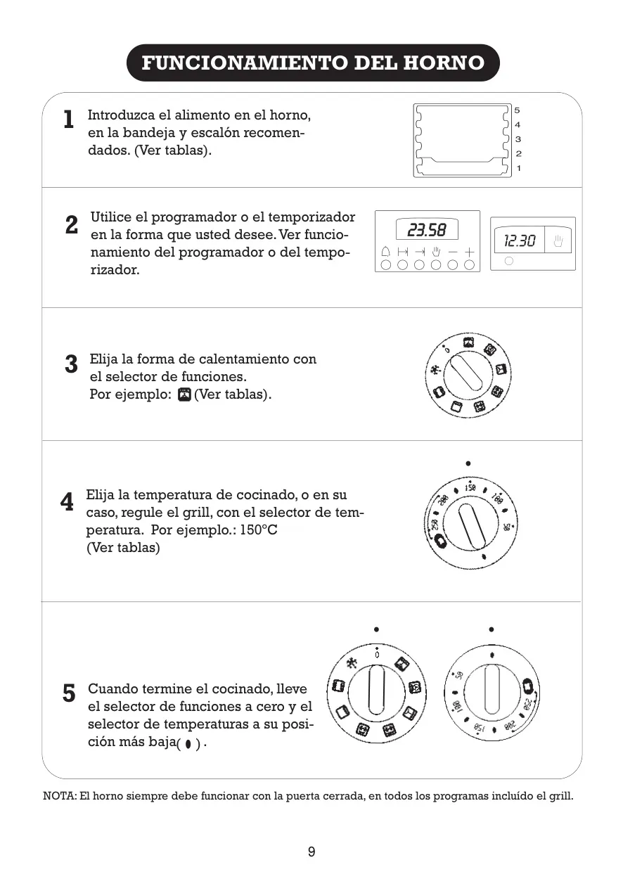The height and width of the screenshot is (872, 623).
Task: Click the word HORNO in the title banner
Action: [x=444, y=63]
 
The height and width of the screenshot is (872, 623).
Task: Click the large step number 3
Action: [x=71, y=364]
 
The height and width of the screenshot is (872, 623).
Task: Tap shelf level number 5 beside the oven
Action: [x=517, y=110]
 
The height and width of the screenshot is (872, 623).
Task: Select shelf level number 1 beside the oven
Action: [x=518, y=168]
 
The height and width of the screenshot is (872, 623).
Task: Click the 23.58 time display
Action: [x=427, y=230]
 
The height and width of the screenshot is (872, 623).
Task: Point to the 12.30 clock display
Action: [x=520, y=241]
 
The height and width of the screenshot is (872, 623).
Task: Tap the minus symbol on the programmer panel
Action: [x=453, y=252]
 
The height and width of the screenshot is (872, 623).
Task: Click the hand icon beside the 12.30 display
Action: [x=558, y=241]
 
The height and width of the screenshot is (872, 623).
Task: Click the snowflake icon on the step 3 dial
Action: [x=436, y=370]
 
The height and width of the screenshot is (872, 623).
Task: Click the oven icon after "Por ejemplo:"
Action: [x=184, y=395]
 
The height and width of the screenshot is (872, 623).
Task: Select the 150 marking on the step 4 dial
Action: [x=470, y=487]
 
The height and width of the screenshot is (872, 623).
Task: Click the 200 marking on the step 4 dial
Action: [x=444, y=499]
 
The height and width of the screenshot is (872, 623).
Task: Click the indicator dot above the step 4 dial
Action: [x=468, y=463]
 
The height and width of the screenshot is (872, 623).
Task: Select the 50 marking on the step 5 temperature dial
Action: [x=459, y=675]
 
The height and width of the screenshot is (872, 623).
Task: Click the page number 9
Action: [x=311, y=852]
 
